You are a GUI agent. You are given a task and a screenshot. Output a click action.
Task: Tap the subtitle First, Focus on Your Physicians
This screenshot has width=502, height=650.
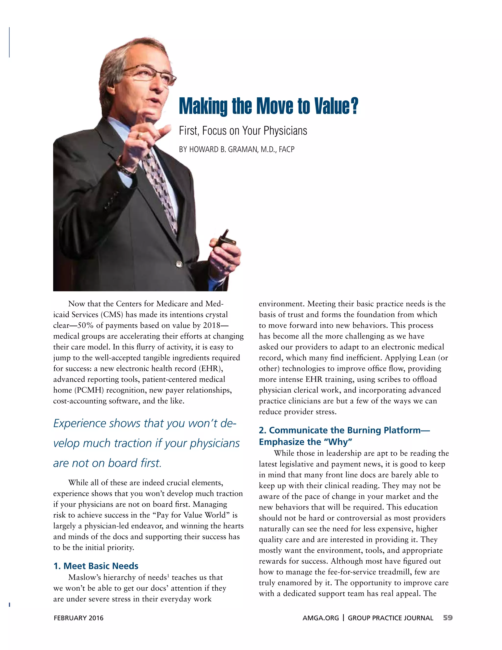pos(243,131)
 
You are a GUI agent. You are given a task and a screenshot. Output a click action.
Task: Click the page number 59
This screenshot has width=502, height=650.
pos(448,618)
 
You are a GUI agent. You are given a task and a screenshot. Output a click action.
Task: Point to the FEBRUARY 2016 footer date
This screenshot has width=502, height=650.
pos(78,618)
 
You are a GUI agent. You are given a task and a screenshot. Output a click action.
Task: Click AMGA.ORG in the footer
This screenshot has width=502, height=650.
pos(321,618)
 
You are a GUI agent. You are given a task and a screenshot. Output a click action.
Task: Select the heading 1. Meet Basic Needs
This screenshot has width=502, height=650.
pos(96,566)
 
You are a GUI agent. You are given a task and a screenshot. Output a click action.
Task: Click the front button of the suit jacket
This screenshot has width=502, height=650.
pos(179,264)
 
